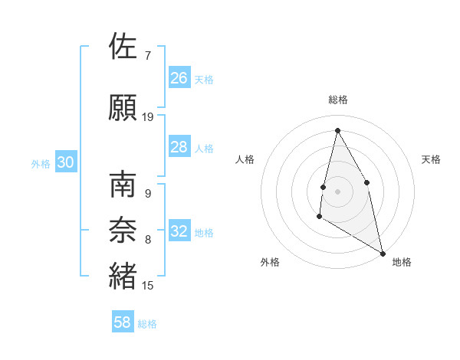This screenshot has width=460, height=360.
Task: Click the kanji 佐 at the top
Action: (123, 47)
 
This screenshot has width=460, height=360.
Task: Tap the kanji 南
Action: (123, 186)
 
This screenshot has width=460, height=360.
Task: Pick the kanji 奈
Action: (123, 231)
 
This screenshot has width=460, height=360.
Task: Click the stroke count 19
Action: (148, 116)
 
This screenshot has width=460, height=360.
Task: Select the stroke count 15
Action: (148, 286)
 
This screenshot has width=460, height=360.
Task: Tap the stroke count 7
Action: (147, 56)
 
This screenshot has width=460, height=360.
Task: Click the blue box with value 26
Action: (179, 77)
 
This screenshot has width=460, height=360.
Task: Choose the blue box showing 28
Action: (179, 147)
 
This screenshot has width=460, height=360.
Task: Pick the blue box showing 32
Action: (179, 231)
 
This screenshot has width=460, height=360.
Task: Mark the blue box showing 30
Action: (65, 162)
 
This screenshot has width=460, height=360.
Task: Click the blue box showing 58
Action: (123, 322)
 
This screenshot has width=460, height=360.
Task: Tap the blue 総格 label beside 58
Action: (147, 324)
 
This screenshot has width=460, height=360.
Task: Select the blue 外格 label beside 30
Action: (41, 164)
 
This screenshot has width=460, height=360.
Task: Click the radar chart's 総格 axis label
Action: (337, 100)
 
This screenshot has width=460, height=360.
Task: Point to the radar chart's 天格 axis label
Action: (432, 159)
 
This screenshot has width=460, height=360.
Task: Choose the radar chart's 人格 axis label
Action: (245, 159)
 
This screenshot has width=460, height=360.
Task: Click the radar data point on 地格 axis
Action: (384, 254)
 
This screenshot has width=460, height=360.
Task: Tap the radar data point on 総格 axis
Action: (337, 130)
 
